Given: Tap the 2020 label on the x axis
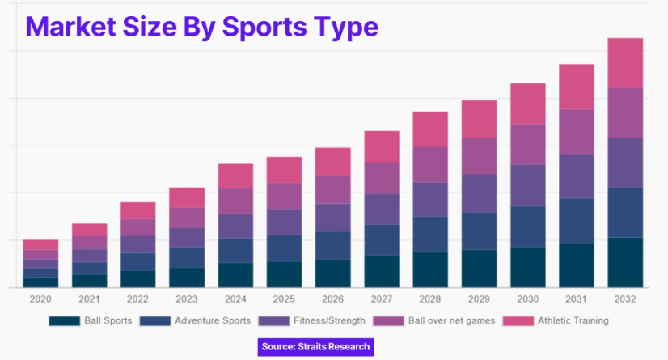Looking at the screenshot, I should click(x=40, y=299).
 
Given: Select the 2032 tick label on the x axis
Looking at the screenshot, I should click(x=624, y=299).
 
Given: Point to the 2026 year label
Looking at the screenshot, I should click(x=332, y=299).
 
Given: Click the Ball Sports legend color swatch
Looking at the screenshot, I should click(x=64, y=321).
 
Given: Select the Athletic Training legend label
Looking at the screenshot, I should click(x=573, y=321).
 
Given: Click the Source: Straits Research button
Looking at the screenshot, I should click(x=316, y=347).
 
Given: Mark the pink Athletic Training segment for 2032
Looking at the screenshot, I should click(x=624, y=63).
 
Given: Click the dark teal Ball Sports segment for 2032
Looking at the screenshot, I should click(x=624, y=262).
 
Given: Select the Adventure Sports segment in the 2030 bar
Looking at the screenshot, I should click(x=527, y=227).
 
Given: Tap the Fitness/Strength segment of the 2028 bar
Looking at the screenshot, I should click(x=430, y=199).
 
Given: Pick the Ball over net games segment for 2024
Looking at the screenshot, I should click(x=235, y=201).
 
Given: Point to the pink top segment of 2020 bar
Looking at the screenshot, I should click(x=40, y=244).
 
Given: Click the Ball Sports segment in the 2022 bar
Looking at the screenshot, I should click(x=137, y=279).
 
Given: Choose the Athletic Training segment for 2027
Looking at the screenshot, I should click(x=381, y=146).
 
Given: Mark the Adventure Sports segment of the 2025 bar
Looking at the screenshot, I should click(x=284, y=248).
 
